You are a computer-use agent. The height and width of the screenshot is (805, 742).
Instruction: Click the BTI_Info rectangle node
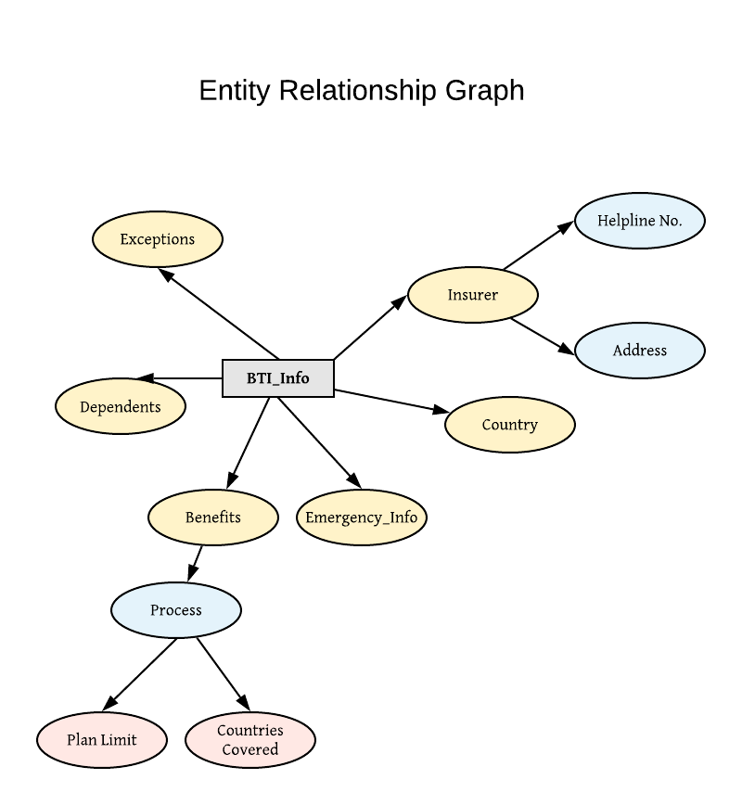click(x=278, y=378)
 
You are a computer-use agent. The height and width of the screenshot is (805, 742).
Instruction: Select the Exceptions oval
click(x=158, y=239)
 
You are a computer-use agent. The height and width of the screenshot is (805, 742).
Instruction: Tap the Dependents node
click(x=121, y=406)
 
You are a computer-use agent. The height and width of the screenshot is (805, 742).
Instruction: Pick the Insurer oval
click(x=473, y=295)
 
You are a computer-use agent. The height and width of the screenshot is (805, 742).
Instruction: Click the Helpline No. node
click(x=640, y=221)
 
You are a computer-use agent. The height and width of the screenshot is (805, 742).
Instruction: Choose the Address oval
click(x=640, y=351)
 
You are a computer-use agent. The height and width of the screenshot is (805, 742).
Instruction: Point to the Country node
click(x=510, y=425)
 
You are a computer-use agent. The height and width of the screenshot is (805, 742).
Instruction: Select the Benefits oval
click(x=213, y=517)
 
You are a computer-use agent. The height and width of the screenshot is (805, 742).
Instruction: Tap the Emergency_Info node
click(x=362, y=517)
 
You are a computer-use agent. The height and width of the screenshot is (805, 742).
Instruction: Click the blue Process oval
click(x=176, y=610)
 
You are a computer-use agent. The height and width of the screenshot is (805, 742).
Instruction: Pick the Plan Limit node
click(x=102, y=740)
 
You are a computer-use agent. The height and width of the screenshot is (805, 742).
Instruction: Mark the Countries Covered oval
click(x=250, y=740)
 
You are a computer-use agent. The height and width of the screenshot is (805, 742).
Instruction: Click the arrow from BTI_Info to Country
click(x=390, y=401)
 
